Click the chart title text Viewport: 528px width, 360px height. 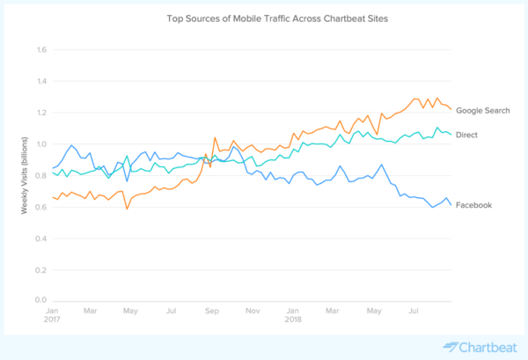[x=263, y=18]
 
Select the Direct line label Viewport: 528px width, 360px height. [x=468, y=134]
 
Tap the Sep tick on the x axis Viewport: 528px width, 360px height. [x=211, y=312]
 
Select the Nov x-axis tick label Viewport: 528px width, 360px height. [x=252, y=312]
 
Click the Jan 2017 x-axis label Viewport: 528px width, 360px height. [x=52, y=316]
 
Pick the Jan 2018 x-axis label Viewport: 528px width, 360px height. [x=293, y=316]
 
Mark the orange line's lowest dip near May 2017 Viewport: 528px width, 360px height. [x=127, y=209]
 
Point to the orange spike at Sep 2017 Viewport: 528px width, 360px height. [x=215, y=137]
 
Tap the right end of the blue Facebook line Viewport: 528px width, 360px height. [x=451, y=204]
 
